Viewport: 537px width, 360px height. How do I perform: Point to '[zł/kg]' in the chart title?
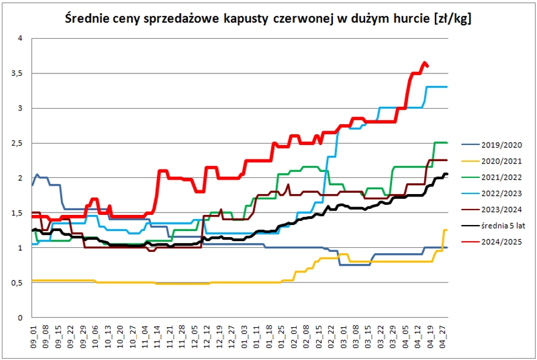(x=449, y=19)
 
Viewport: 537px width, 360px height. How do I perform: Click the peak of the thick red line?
(x=425, y=63)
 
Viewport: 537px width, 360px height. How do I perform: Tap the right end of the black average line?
(x=446, y=174)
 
